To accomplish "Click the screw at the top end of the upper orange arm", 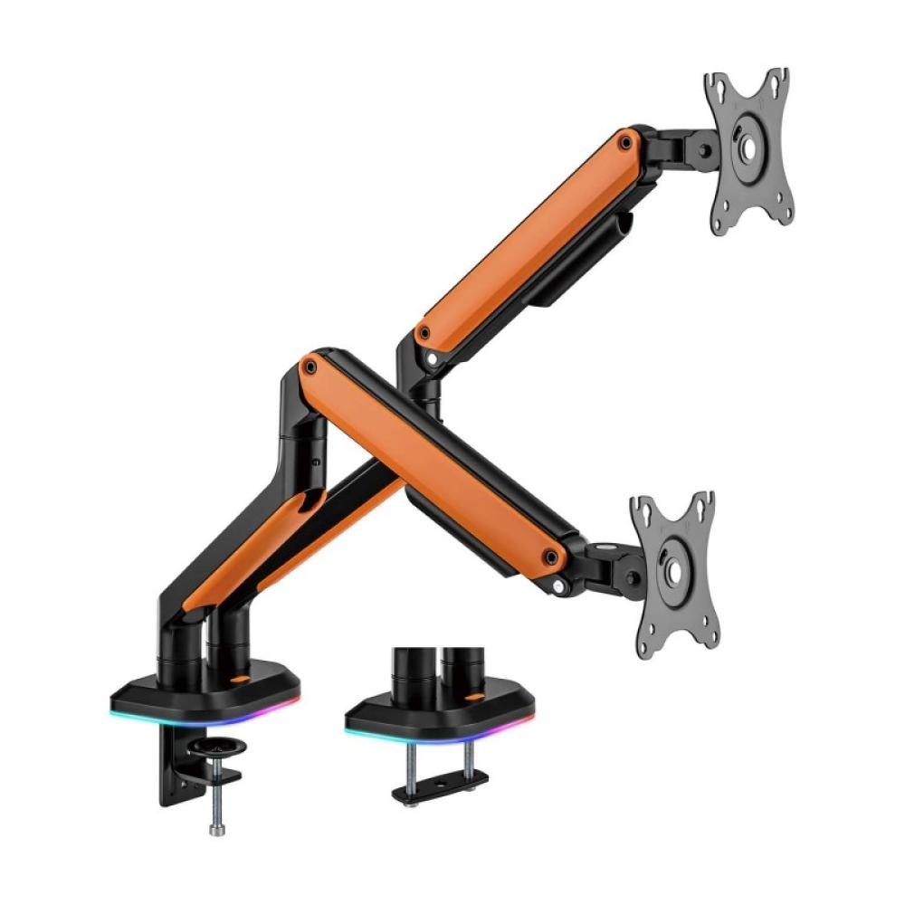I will (624, 141).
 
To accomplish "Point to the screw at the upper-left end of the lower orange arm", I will (310, 367).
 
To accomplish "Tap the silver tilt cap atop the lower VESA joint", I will (604, 548).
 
